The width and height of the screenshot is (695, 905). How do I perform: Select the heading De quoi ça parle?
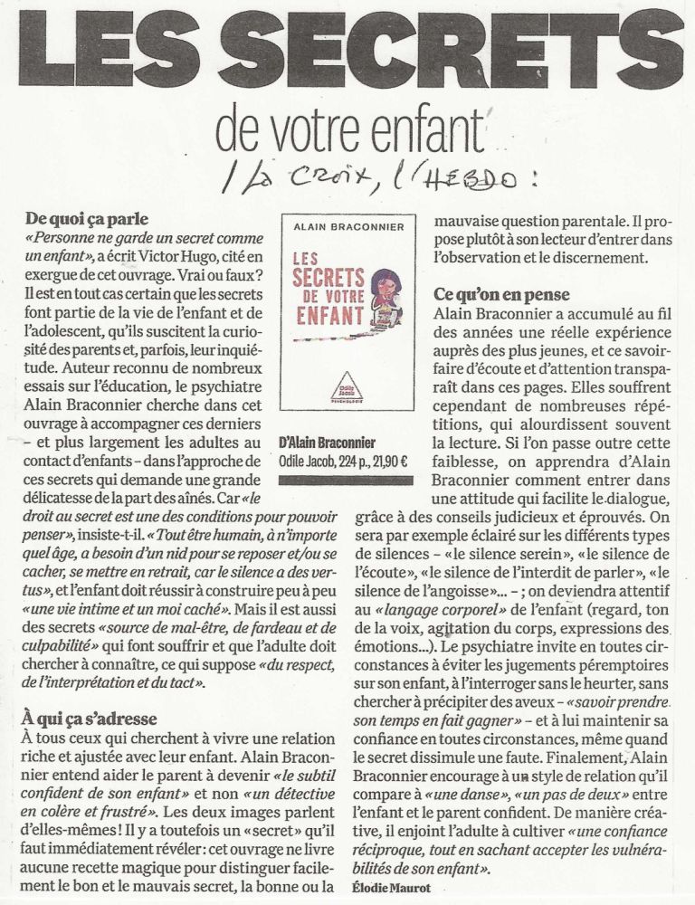coord(87,219)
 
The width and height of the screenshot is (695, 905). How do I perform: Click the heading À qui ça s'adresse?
coord(91,719)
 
